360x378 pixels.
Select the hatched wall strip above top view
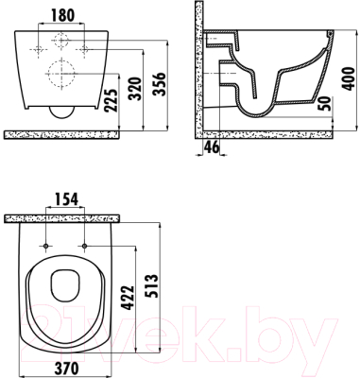(67, 219)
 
